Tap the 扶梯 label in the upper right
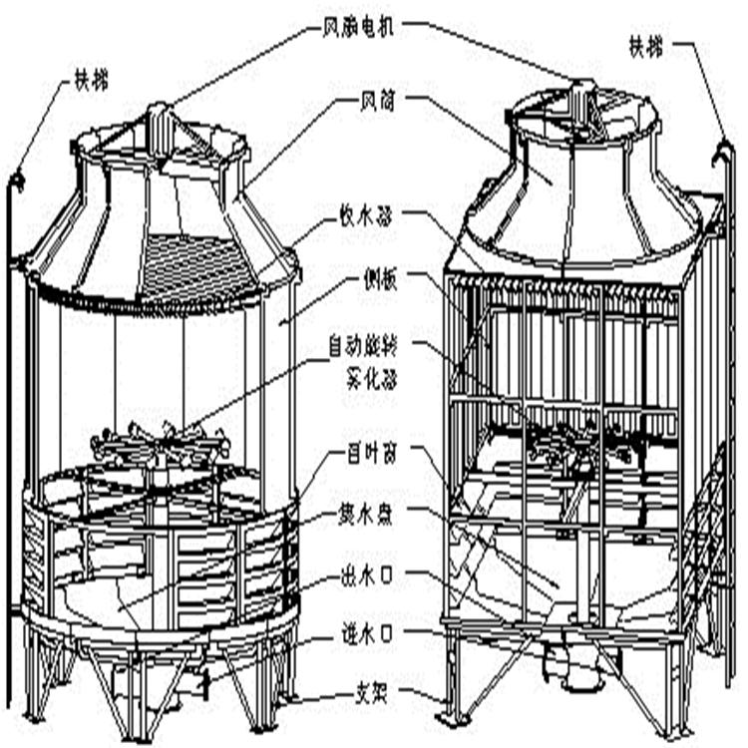click(645, 44)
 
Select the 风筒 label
click(377, 100)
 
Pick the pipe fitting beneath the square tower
click(559, 658)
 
